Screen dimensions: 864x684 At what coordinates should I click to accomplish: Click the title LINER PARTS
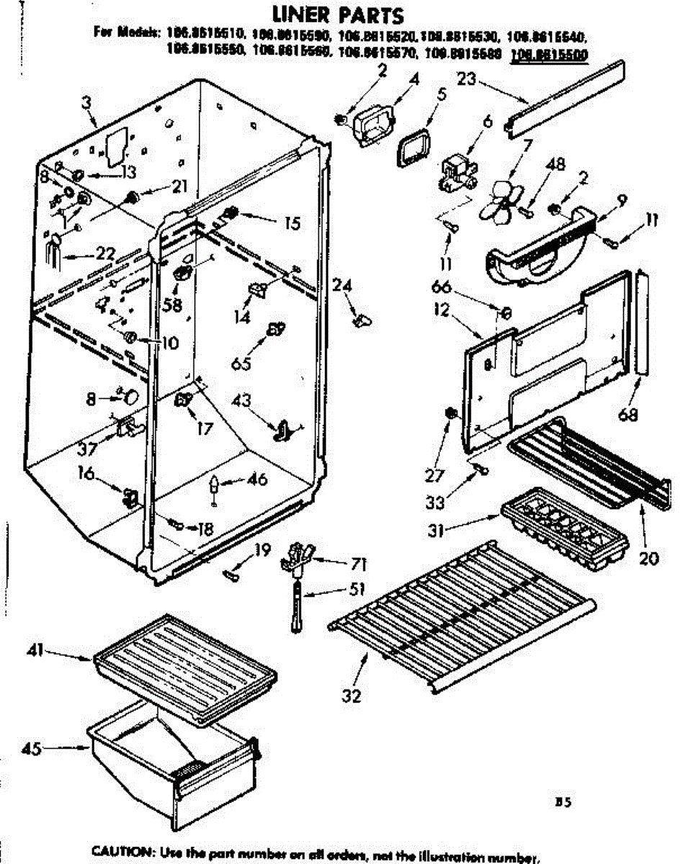pos(337,14)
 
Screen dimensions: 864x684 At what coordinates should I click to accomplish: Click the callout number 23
pos(467,78)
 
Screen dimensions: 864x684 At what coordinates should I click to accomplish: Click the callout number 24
pos(343,287)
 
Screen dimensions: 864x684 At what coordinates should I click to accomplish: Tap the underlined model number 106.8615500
pos(549,52)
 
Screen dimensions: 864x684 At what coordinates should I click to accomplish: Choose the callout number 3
pos(86,102)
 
